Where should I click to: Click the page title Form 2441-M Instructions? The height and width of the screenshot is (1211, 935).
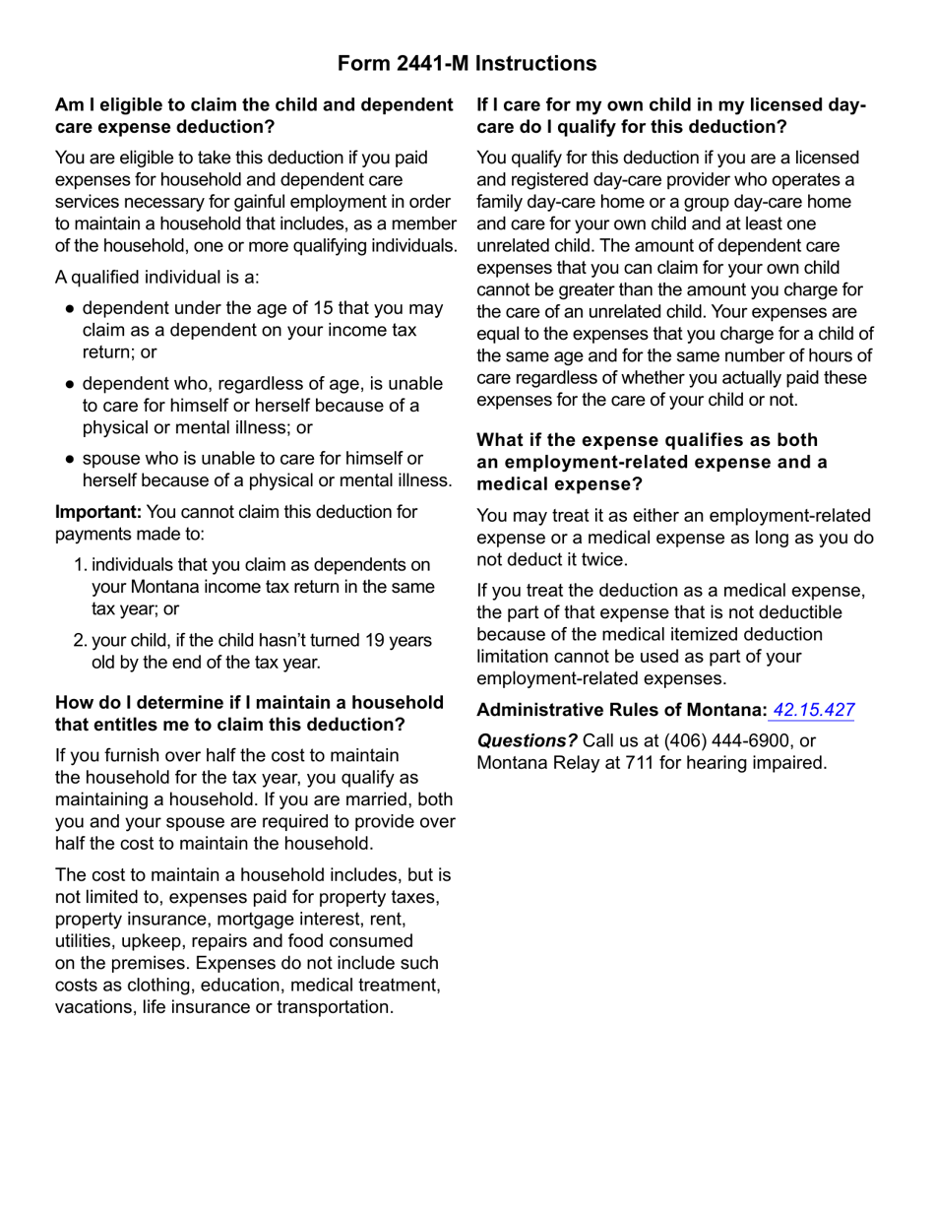click(467, 64)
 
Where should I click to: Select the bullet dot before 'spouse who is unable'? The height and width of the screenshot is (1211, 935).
click(70, 460)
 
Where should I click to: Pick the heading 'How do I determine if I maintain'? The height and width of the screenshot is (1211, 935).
click(249, 714)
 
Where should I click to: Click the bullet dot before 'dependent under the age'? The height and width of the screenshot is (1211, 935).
click(70, 309)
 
